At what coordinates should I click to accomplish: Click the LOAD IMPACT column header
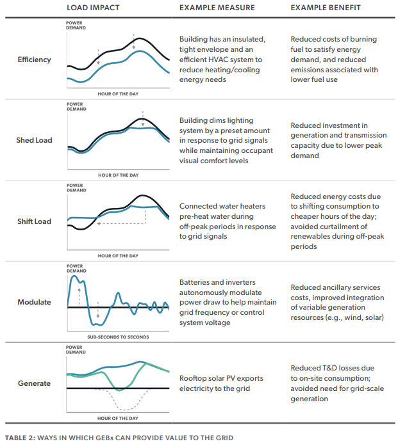(x=93, y=8)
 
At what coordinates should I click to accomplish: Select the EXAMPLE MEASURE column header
(x=217, y=8)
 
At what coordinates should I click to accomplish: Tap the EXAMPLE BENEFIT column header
(x=326, y=8)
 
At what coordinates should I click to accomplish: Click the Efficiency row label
(x=34, y=60)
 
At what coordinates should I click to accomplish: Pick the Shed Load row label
(x=34, y=140)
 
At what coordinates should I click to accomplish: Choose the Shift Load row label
(x=34, y=221)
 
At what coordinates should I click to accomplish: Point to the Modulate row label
(x=34, y=302)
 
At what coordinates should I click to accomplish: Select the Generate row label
(x=34, y=383)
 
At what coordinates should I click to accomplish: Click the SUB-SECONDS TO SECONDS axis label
(x=118, y=337)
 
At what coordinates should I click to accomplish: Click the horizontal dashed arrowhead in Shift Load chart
(x=99, y=223)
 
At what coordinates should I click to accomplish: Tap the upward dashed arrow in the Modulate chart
(x=79, y=296)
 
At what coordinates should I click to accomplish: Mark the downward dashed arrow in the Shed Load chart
(x=143, y=118)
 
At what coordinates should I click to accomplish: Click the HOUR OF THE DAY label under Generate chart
(x=118, y=418)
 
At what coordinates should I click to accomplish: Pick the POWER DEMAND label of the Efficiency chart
(x=76, y=26)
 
